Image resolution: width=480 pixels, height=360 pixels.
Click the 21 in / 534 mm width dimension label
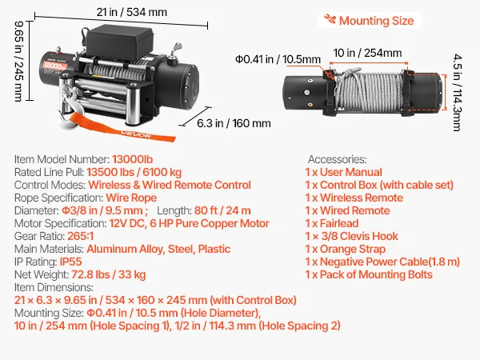click(x=132, y=12)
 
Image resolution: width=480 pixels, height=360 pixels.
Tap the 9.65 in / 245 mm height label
click(x=19, y=62)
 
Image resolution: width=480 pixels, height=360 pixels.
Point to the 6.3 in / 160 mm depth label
click(x=234, y=123)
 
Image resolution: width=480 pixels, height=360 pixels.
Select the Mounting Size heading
click(x=376, y=21)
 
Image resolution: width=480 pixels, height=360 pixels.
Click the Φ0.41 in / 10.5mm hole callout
click(x=278, y=59)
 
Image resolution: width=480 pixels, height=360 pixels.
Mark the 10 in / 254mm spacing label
click(x=367, y=53)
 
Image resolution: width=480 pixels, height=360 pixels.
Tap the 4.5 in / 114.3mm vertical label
click(x=458, y=93)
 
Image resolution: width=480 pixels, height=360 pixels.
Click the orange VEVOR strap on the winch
click(x=122, y=127)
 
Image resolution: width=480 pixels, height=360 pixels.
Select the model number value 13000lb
click(x=132, y=159)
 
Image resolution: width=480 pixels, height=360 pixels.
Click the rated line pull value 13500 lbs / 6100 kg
click(x=134, y=172)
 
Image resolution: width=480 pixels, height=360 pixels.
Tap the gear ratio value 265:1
click(x=80, y=236)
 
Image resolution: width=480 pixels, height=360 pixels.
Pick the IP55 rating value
click(x=70, y=262)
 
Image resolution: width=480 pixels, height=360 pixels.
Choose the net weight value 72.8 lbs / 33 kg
click(x=108, y=275)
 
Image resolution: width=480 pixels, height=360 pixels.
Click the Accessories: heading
click(x=337, y=159)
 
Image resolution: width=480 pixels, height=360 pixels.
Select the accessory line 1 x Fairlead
click(x=332, y=223)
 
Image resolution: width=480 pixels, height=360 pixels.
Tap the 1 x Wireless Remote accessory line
click(x=354, y=198)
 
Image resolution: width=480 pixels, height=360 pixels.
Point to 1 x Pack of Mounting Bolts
click(x=369, y=274)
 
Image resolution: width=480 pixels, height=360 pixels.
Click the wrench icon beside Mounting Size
click(x=330, y=19)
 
